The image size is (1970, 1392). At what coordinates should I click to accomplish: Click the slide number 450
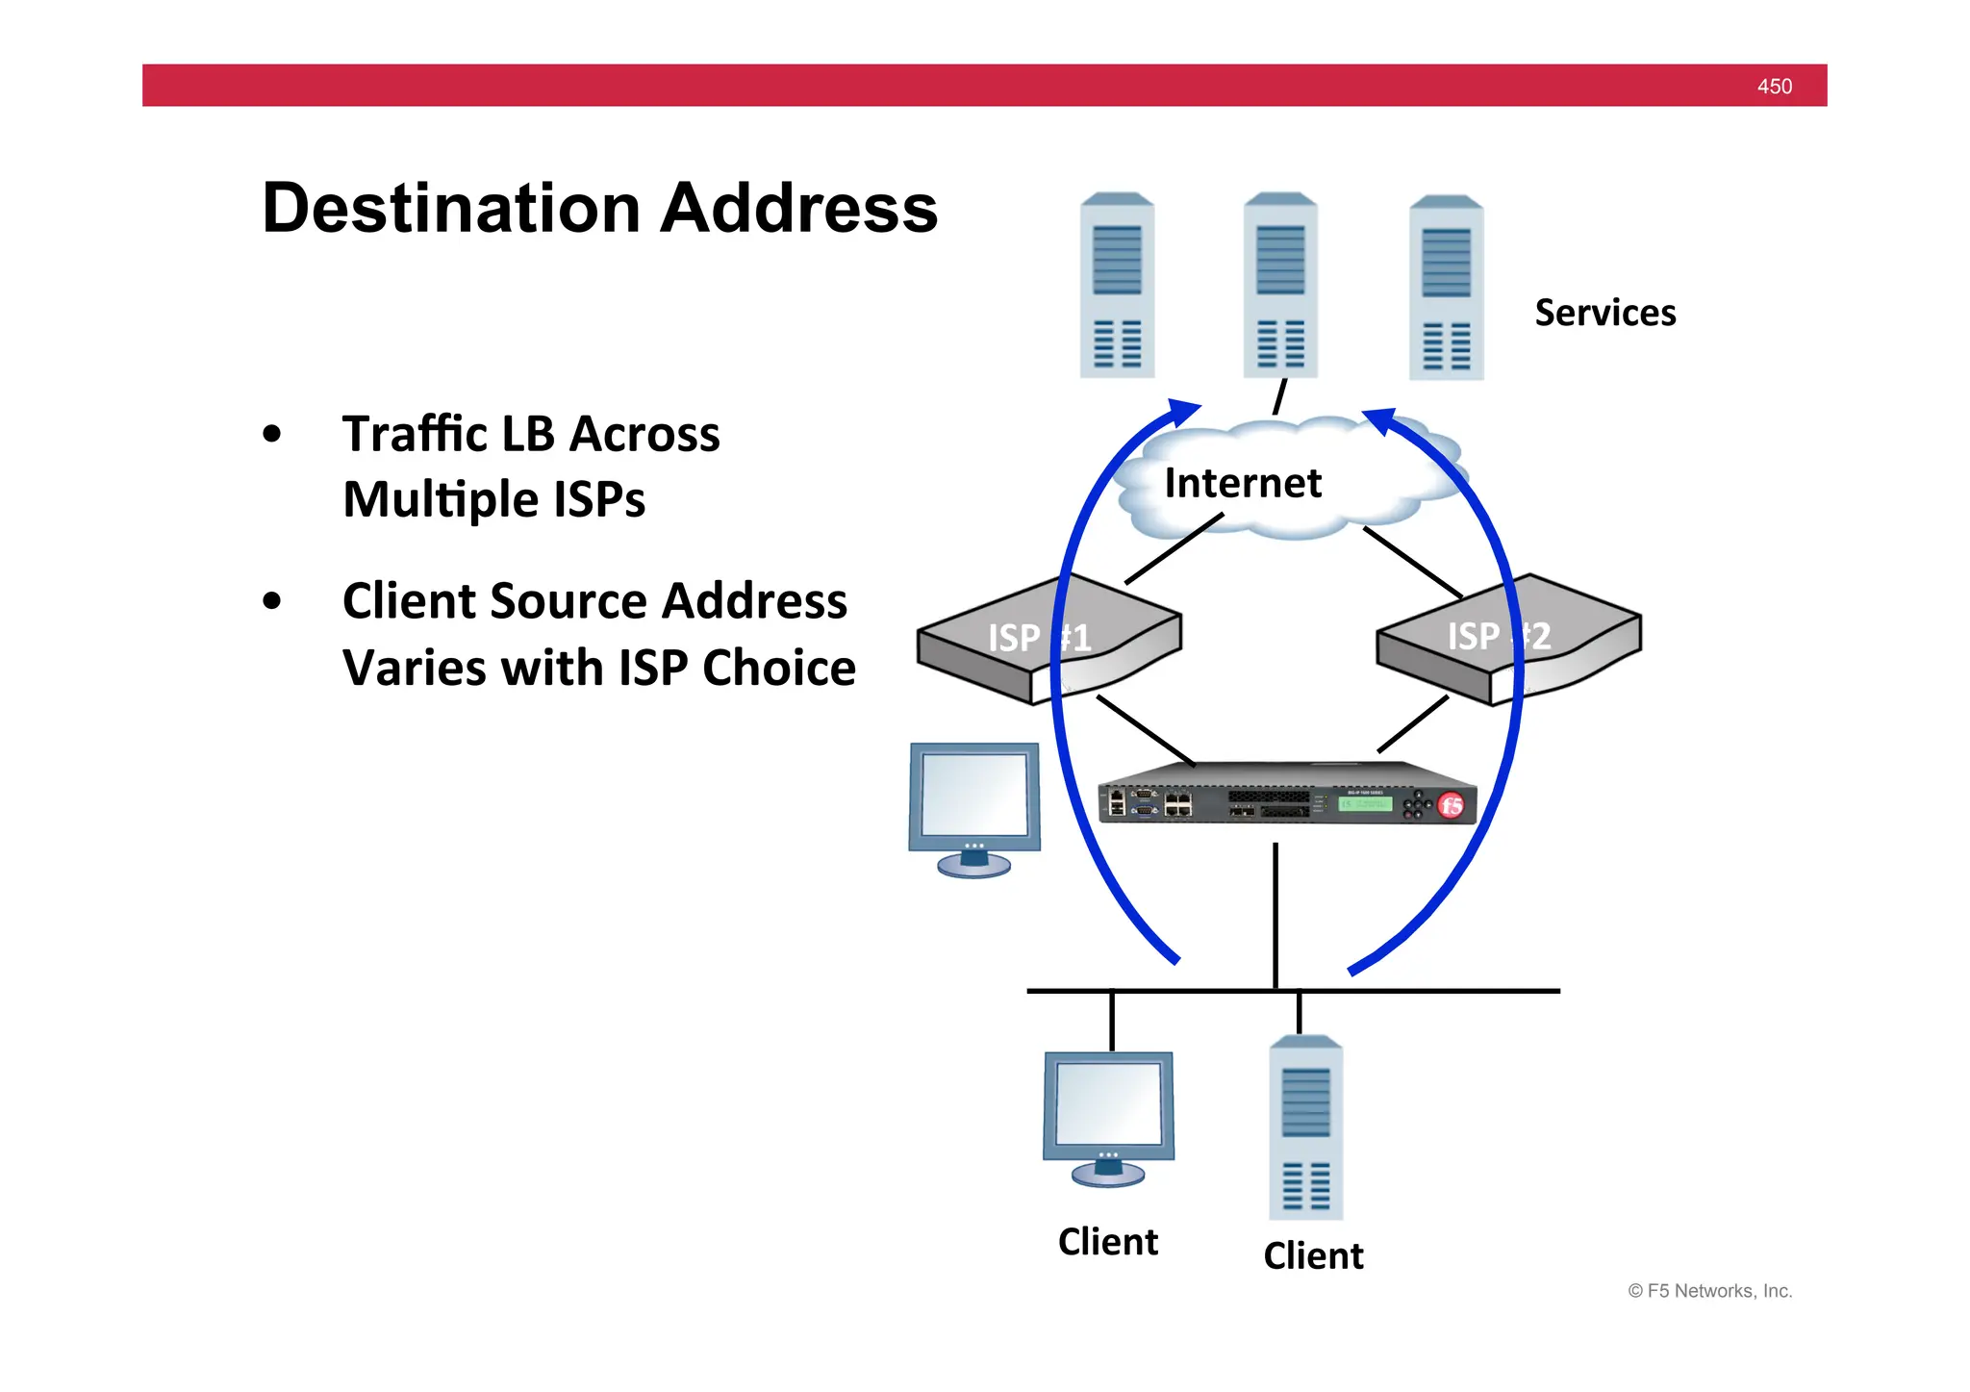click(1774, 87)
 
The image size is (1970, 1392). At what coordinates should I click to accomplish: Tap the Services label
click(1604, 313)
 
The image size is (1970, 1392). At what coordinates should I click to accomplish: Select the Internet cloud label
click(1243, 483)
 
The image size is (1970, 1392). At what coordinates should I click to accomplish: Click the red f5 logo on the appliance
click(1451, 805)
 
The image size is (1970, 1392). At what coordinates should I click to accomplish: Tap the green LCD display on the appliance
click(1365, 803)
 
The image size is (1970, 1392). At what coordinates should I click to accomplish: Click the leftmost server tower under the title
click(1117, 286)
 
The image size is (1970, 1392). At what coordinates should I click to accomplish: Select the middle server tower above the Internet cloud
click(1280, 286)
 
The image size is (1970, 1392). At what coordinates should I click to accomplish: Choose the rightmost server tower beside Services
click(1446, 289)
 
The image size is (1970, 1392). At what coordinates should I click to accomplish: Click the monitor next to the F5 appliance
click(974, 806)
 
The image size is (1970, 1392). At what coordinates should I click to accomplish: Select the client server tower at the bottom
click(1305, 1128)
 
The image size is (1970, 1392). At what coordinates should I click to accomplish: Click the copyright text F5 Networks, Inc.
click(1709, 1291)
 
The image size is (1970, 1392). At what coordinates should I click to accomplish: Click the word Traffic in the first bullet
click(414, 434)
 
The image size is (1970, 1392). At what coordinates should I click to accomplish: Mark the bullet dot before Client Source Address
click(272, 601)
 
